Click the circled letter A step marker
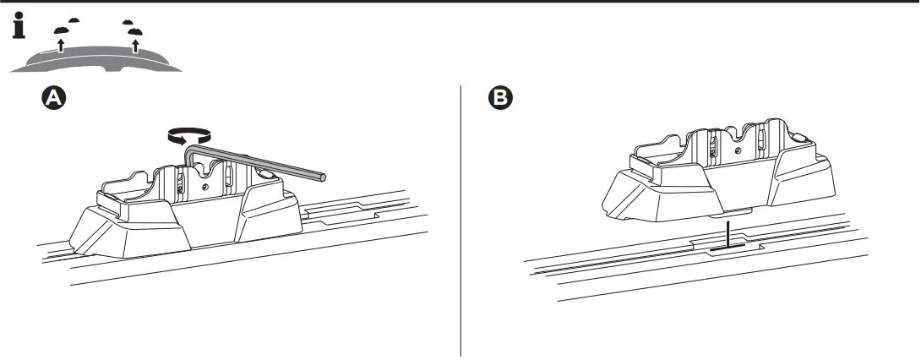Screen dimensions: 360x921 (x=53, y=99)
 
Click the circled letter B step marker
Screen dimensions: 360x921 (x=501, y=99)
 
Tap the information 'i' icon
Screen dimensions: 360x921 (x=18, y=28)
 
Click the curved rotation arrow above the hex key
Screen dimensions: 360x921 (x=188, y=134)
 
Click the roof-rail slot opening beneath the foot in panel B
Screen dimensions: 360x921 (x=726, y=248)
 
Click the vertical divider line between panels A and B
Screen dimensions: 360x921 (x=460, y=220)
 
